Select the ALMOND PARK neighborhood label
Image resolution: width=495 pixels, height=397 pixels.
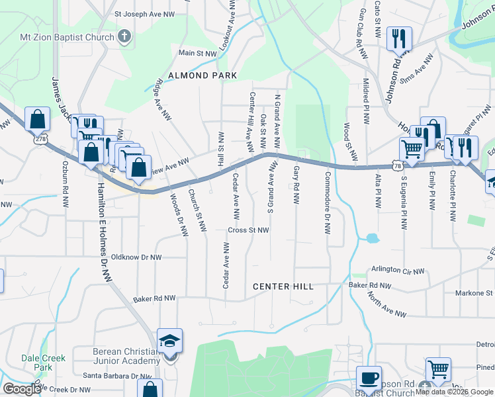[x=202, y=75]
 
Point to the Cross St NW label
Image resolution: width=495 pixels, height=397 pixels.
[x=248, y=230]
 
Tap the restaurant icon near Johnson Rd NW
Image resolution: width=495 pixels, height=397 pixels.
[x=399, y=39]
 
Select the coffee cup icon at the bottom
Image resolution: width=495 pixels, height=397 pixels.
[x=369, y=378]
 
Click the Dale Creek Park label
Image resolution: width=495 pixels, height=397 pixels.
[x=36, y=362]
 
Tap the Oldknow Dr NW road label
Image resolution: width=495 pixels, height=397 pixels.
[x=137, y=257]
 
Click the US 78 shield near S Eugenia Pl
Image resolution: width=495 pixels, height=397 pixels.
[x=397, y=166]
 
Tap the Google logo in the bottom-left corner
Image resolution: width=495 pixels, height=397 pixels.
[x=22, y=389]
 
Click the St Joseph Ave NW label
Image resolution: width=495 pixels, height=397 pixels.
[x=144, y=13]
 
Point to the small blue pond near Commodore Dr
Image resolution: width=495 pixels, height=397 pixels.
[x=371, y=237]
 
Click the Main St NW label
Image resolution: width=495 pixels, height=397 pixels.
[x=197, y=52]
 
